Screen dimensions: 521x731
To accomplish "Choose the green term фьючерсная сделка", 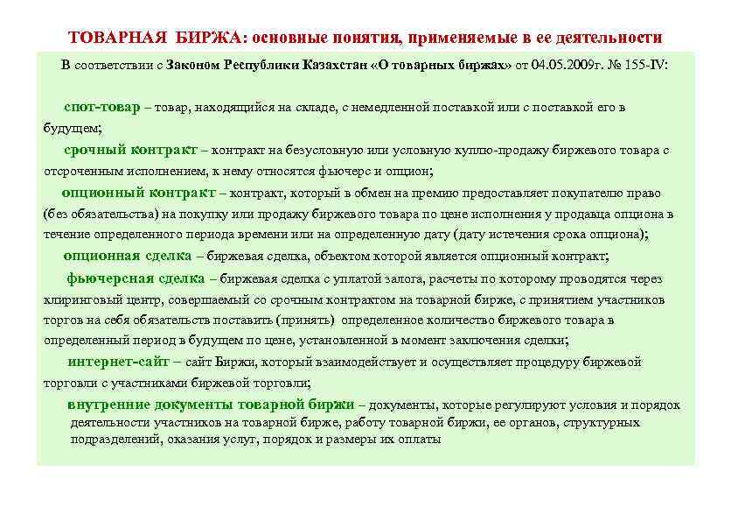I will [136, 278].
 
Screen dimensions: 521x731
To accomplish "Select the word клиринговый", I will [80, 299].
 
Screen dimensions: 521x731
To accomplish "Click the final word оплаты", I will [420, 440].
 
